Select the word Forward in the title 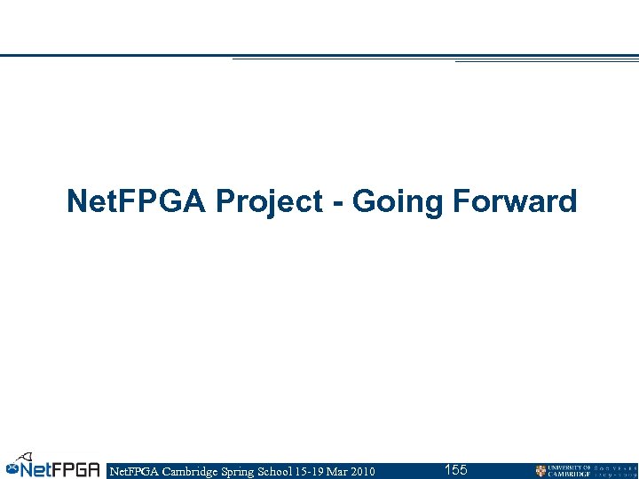[x=515, y=202]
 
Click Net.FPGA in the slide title [x=138, y=202]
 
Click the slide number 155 [x=455, y=469]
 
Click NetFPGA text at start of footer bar [x=130, y=471]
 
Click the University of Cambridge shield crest [x=540, y=471]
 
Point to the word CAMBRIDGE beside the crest [x=569, y=475]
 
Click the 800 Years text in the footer [x=615, y=471]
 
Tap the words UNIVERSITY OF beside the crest [x=569, y=467]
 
